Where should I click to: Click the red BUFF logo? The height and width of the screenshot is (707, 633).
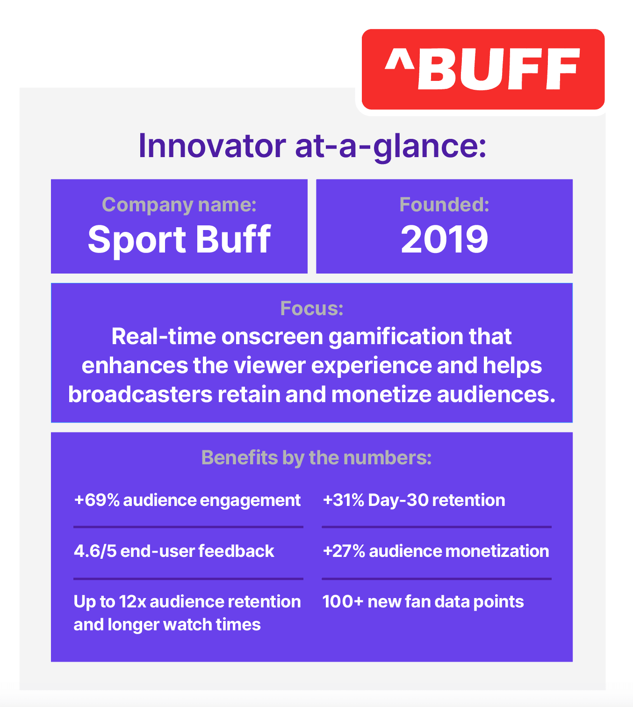click(x=483, y=69)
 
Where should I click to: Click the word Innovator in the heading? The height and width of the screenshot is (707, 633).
click(x=212, y=146)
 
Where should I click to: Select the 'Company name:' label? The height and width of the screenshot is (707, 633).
click(x=179, y=204)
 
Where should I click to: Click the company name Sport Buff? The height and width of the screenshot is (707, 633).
click(x=179, y=239)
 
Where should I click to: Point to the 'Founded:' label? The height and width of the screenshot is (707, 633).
click(x=444, y=204)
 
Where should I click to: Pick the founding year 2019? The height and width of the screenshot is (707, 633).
click(x=444, y=239)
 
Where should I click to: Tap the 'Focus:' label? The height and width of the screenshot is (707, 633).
click(x=312, y=309)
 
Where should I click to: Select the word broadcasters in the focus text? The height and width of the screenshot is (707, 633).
click(x=140, y=394)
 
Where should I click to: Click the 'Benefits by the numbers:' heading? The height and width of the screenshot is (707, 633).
click(x=316, y=458)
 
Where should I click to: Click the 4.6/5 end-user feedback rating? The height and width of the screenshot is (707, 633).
click(x=95, y=551)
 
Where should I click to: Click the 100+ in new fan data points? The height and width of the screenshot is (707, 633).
click(x=343, y=602)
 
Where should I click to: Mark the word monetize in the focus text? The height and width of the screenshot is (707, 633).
click(x=381, y=394)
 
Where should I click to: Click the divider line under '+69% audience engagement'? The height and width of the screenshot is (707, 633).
click(x=188, y=527)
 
